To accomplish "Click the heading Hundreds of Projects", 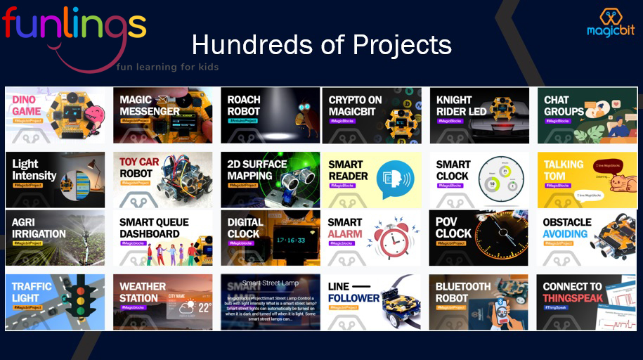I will point(321,45).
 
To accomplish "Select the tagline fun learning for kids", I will point(167,67).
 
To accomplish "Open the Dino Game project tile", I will point(55,115).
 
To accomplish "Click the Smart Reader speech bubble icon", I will point(392,179).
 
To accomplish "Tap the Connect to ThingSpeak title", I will point(572,292).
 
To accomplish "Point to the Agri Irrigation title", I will point(39,228).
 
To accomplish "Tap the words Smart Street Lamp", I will point(271,283).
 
